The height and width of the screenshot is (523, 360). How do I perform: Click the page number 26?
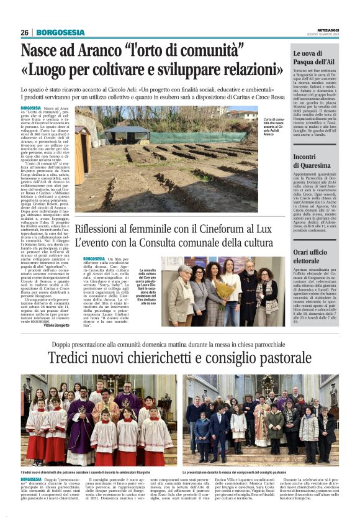[x=24, y=32]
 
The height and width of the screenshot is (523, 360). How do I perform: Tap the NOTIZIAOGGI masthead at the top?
[x=328, y=29]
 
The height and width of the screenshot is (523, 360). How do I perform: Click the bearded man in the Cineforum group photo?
[x=249, y=289]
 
